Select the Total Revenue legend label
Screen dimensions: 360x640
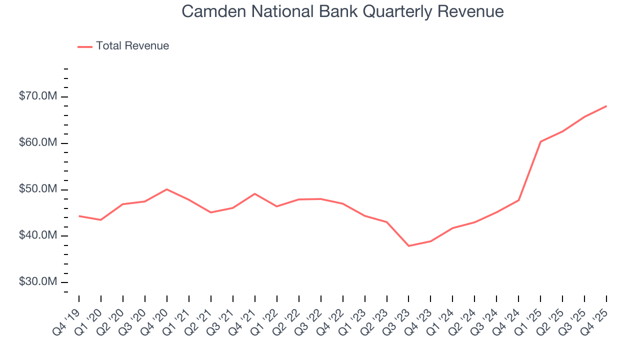coord(132,46)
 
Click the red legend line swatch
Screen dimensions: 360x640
coord(85,46)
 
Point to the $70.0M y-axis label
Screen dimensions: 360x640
coord(37,96)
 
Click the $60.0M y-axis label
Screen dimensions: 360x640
coord(37,142)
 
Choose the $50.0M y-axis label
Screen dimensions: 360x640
coord(37,189)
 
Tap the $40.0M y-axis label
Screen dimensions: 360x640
coord(37,235)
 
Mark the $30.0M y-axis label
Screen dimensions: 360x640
coord(37,282)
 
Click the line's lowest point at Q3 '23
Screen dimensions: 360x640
coord(408,246)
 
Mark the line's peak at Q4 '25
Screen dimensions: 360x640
coord(606,106)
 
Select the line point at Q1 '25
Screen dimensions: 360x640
coord(540,141)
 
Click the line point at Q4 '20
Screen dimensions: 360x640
coord(166,189)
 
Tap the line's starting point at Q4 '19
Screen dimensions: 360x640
coord(79,216)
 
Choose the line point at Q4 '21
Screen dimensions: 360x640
coord(254,193)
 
